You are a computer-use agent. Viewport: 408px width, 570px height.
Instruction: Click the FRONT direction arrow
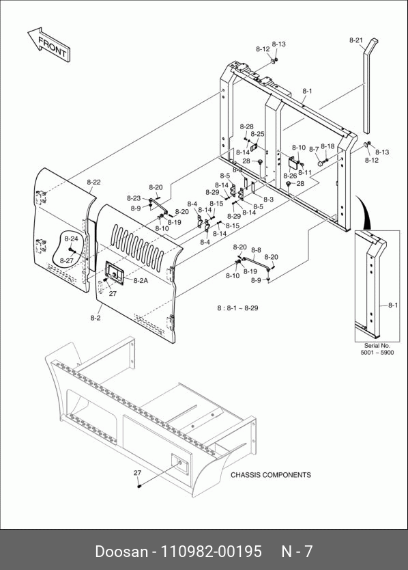(x=48, y=44)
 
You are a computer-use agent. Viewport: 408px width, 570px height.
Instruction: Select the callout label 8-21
(x=355, y=40)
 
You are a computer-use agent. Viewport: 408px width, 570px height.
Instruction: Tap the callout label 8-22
(x=93, y=182)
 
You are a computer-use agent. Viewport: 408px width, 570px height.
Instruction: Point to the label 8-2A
(x=141, y=281)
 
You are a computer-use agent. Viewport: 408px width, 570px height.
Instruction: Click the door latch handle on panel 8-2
(x=115, y=273)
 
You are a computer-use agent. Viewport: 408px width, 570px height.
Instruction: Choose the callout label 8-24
(x=71, y=239)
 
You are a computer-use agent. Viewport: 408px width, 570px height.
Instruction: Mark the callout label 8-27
(x=66, y=260)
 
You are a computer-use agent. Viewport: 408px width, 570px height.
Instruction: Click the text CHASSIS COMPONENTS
(x=271, y=475)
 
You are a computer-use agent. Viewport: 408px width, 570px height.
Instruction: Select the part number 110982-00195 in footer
(x=211, y=552)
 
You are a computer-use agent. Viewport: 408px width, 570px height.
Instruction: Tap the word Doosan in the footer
(x=121, y=552)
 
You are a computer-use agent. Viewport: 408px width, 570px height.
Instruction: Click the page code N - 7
(x=297, y=552)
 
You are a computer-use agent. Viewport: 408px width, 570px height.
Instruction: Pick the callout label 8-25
(x=257, y=134)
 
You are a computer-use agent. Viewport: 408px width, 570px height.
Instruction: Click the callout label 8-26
(x=290, y=176)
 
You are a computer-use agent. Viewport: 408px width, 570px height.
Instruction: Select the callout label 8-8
(x=256, y=250)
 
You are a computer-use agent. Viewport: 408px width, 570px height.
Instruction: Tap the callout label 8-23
(x=134, y=198)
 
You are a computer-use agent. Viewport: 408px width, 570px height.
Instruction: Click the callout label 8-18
(x=327, y=146)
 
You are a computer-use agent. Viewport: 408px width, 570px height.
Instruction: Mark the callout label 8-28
(x=246, y=126)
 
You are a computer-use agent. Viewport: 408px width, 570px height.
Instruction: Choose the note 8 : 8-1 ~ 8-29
(x=237, y=308)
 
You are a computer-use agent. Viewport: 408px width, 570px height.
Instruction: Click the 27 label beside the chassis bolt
(x=137, y=473)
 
